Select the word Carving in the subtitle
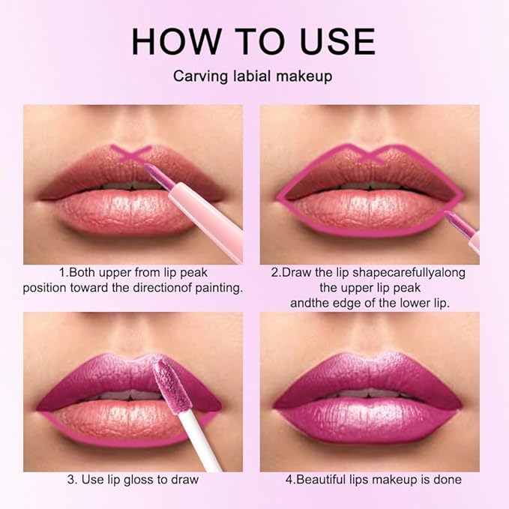click(196, 76)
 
